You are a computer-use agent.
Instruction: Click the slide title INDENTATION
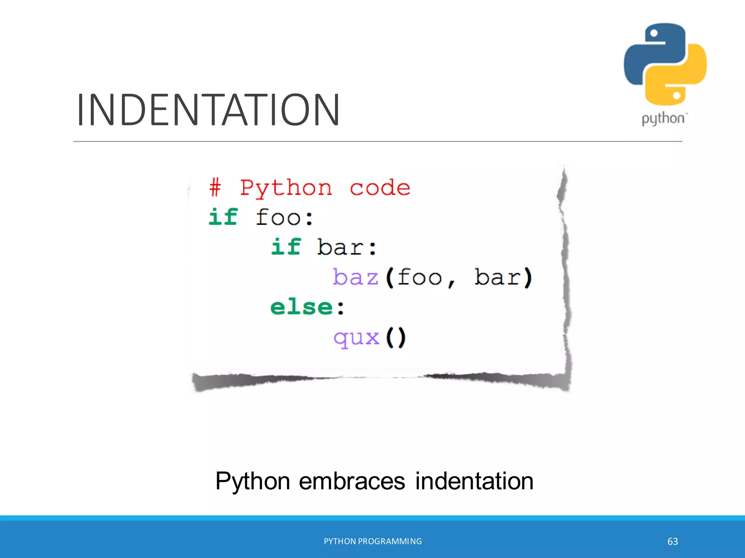208,110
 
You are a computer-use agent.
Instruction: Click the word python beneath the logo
663,119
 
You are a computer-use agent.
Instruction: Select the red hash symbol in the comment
215,188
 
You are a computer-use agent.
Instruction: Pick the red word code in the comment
380,188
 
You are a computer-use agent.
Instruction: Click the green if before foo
223,217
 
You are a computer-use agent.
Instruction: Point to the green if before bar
286,247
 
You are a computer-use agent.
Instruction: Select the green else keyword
301,307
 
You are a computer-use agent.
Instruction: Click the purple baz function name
355,277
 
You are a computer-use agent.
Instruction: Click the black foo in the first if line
278,217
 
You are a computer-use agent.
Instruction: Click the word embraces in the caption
352,481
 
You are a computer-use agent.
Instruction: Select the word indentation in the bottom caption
474,481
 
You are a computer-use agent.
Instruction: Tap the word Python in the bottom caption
252,482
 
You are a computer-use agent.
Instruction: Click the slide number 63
673,542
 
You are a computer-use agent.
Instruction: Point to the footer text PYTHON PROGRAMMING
373,541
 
